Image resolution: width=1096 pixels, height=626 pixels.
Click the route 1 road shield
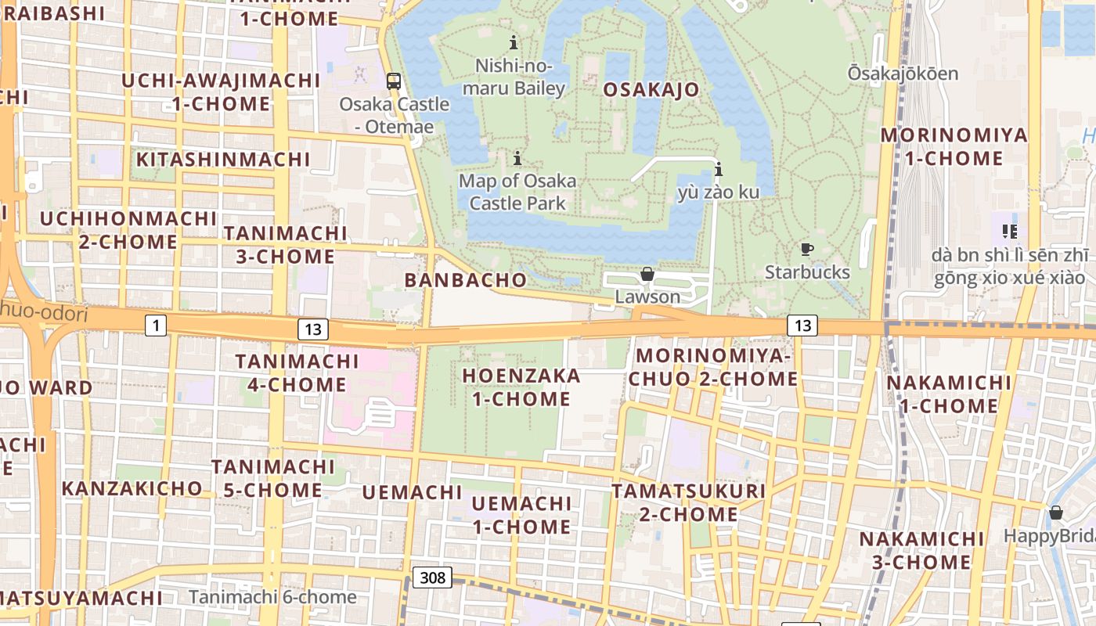tap(156, 325)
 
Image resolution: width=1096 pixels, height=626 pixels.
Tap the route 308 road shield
tap(432, 577)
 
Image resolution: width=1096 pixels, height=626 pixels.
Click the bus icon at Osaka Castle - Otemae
tap(394, 81)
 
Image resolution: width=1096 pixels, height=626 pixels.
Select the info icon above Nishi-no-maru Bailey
tap(514, 42)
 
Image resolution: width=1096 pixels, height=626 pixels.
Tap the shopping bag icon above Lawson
tap(647, 274)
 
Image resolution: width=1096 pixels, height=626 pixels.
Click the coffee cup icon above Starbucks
tap(806, 250)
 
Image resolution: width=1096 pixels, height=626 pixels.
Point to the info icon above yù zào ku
tap(719, 169)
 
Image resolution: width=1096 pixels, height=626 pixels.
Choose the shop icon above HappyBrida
tap(1055, 513)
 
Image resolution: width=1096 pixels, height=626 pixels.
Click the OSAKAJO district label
tap(651, 89)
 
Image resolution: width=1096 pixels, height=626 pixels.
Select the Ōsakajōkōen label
tap(903, 74)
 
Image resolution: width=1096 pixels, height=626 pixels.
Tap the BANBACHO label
tap(465, 280)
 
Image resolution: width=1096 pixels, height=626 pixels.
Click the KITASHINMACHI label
tap(224, 160)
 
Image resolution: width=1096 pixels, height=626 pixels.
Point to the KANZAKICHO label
tap(132, 488)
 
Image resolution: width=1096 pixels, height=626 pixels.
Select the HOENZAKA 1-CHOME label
tap(521, 387)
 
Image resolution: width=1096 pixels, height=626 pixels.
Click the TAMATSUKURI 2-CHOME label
tap(688, 502)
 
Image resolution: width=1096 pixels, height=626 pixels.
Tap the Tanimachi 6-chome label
tap(272, 597)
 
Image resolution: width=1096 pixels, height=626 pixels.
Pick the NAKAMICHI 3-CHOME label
tap(921, 550)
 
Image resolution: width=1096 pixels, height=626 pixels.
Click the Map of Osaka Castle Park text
tap(517, 192)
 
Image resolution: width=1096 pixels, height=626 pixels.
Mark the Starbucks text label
tap(807, 272)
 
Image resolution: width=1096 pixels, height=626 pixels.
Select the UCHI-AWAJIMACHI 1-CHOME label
tap(221, 92)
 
